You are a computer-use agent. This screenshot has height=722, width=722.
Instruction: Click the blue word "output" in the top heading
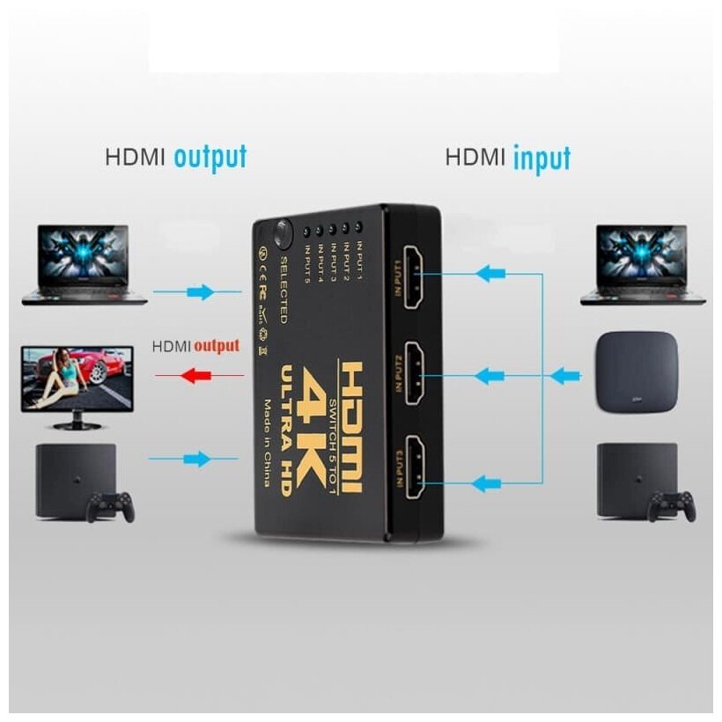coord(210,158)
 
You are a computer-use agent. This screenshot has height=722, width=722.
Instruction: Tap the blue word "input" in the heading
coord(541,158)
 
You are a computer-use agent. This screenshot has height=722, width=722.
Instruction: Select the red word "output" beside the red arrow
coord(217,345)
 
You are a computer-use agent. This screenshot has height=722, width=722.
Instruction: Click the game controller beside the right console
coord(672,505)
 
